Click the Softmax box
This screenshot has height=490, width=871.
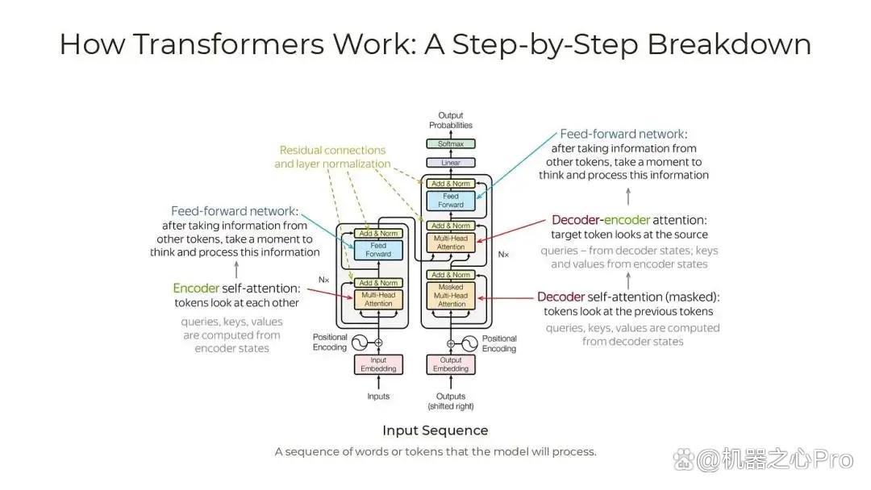451,143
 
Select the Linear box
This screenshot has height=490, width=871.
451,163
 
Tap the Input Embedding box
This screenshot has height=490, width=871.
378,364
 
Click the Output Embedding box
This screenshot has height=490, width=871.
451,364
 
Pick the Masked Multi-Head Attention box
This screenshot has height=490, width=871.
451,296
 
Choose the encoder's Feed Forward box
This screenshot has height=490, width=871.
378,250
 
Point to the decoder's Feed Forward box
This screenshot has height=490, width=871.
451,201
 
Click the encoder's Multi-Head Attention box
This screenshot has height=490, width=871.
378,300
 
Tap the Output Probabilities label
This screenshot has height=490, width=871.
451,120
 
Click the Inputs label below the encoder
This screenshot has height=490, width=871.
378,397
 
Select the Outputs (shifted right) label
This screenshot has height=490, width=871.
451,401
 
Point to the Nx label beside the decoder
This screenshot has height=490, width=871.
503,254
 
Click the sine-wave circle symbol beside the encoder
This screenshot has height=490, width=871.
360,343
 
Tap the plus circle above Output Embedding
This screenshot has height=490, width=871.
451,343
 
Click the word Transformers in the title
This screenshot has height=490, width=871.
229,44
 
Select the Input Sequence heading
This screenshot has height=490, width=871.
435,430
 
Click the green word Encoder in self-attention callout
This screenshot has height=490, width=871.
196,289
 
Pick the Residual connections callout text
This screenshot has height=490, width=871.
332,157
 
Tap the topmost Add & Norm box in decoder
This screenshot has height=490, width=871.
451,184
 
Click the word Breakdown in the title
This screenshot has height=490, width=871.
729,44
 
